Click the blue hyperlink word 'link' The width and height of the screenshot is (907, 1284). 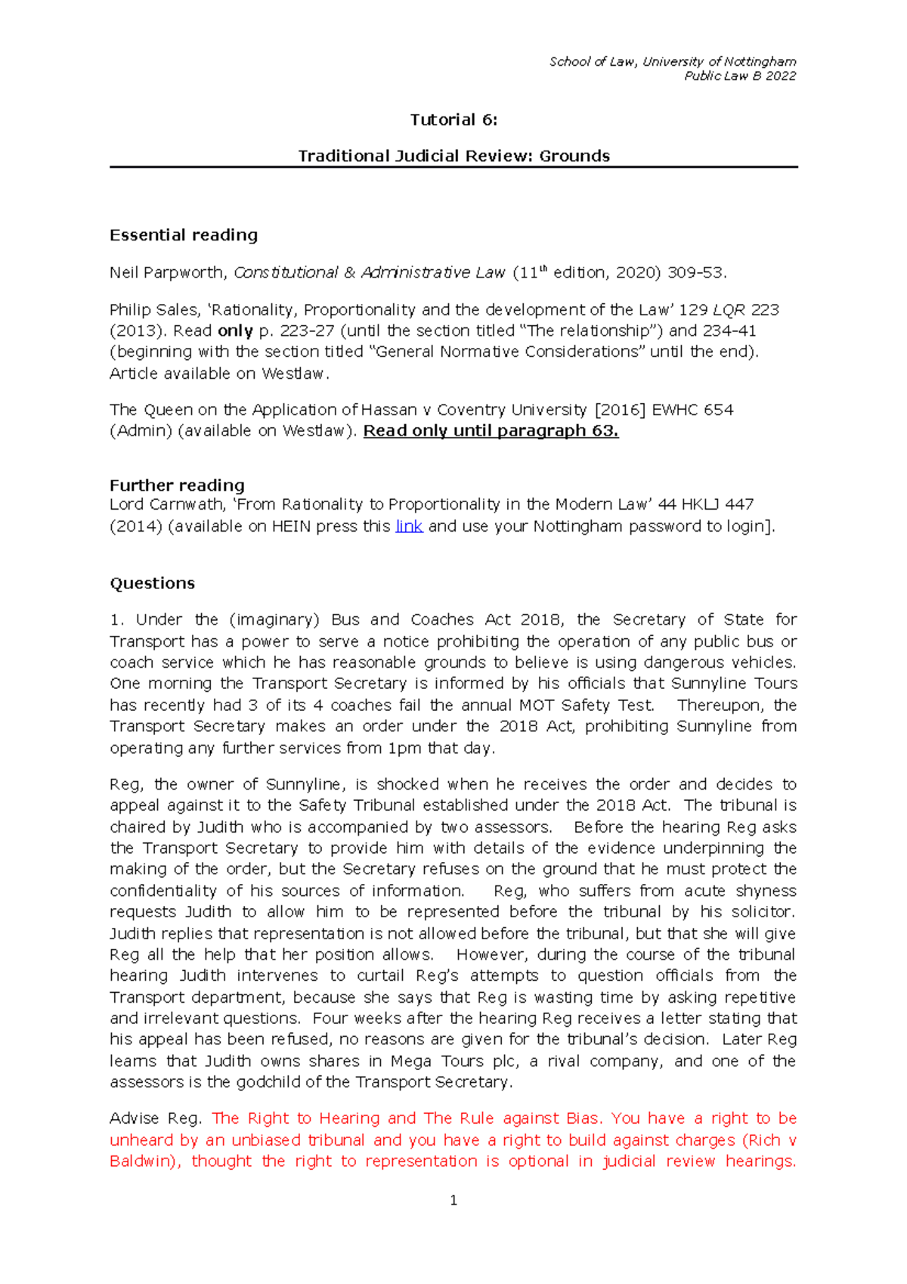[x=409, y=526]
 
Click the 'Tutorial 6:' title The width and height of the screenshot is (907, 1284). [x=453, y=119]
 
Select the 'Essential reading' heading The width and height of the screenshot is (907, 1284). [x=184, y=235]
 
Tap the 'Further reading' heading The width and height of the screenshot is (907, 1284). [x=177, y=485]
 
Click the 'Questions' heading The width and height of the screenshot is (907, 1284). [x=152, y=583]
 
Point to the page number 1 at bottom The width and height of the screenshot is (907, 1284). [x=453, y=1200]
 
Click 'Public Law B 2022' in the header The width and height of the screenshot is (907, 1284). [x=740, y=76]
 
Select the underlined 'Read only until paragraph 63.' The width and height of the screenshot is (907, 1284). [x=491, y=431]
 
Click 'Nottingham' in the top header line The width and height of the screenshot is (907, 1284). [x=760, y=61]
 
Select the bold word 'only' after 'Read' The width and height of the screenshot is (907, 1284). [x=235, y=331]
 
